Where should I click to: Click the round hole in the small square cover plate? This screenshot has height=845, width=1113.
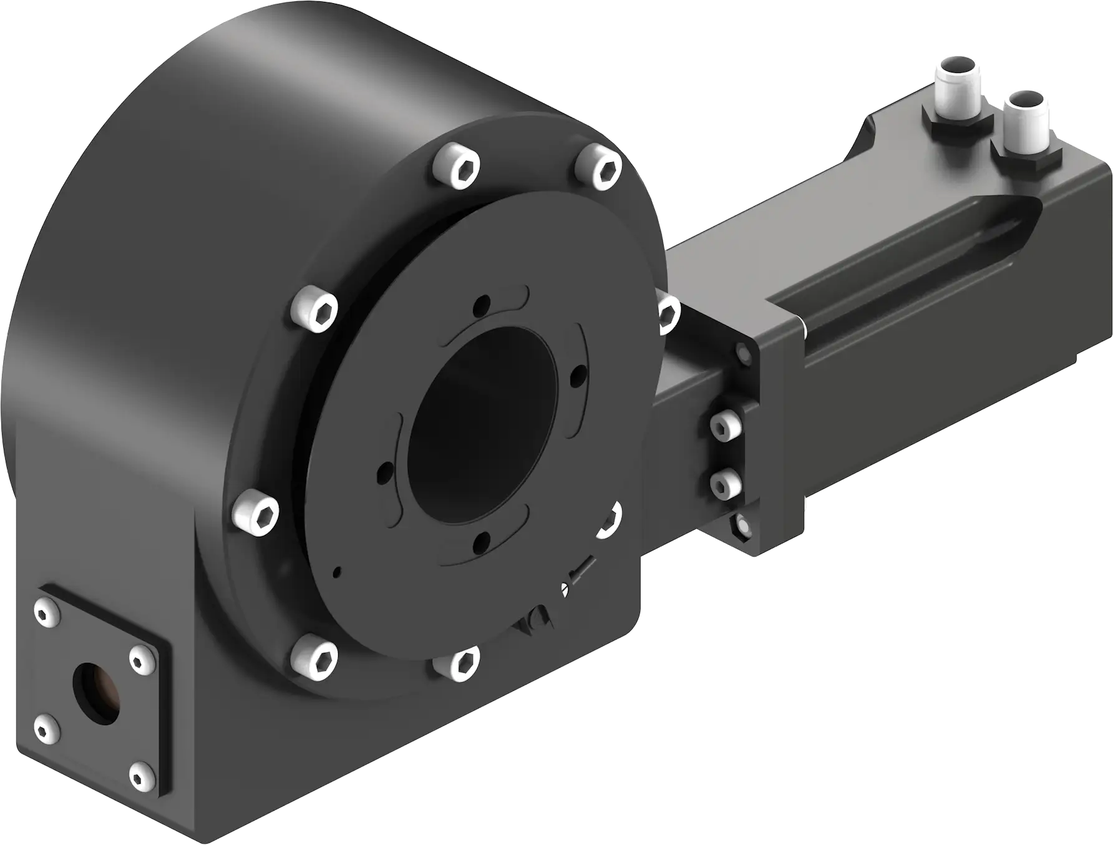pos(97,692)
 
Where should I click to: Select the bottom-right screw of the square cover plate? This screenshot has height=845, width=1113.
pos(143,774)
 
